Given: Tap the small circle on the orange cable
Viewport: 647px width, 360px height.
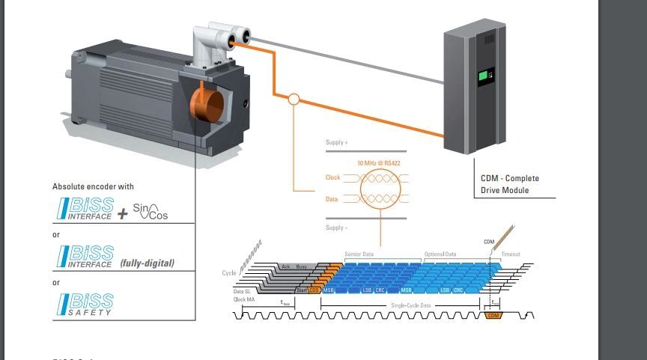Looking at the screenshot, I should [x=294, y=99].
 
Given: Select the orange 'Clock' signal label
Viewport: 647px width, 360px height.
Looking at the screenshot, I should [x=333, y=178].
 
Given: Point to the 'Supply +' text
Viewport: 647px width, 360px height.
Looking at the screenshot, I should [x=337, y=142].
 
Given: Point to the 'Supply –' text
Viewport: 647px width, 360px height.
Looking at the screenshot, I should [x=337, y=228].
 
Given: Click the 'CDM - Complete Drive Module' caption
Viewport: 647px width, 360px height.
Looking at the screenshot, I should [x=510, y=183].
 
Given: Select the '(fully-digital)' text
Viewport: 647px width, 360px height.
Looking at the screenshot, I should [x=147, y=263].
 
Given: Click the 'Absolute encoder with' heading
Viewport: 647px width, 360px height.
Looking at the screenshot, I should [x=93, y=186].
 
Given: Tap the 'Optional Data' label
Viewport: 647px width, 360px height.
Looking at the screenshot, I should [x=440, y=254].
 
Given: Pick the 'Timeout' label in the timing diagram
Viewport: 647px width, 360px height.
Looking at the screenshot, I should [x=510, y=254].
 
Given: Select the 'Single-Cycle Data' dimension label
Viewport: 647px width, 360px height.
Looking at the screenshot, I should [x=411, y=305].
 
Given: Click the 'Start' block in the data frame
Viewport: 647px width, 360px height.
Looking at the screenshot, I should [x=301, y=290].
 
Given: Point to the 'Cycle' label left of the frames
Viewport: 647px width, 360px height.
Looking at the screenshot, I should [x=229, y=273].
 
